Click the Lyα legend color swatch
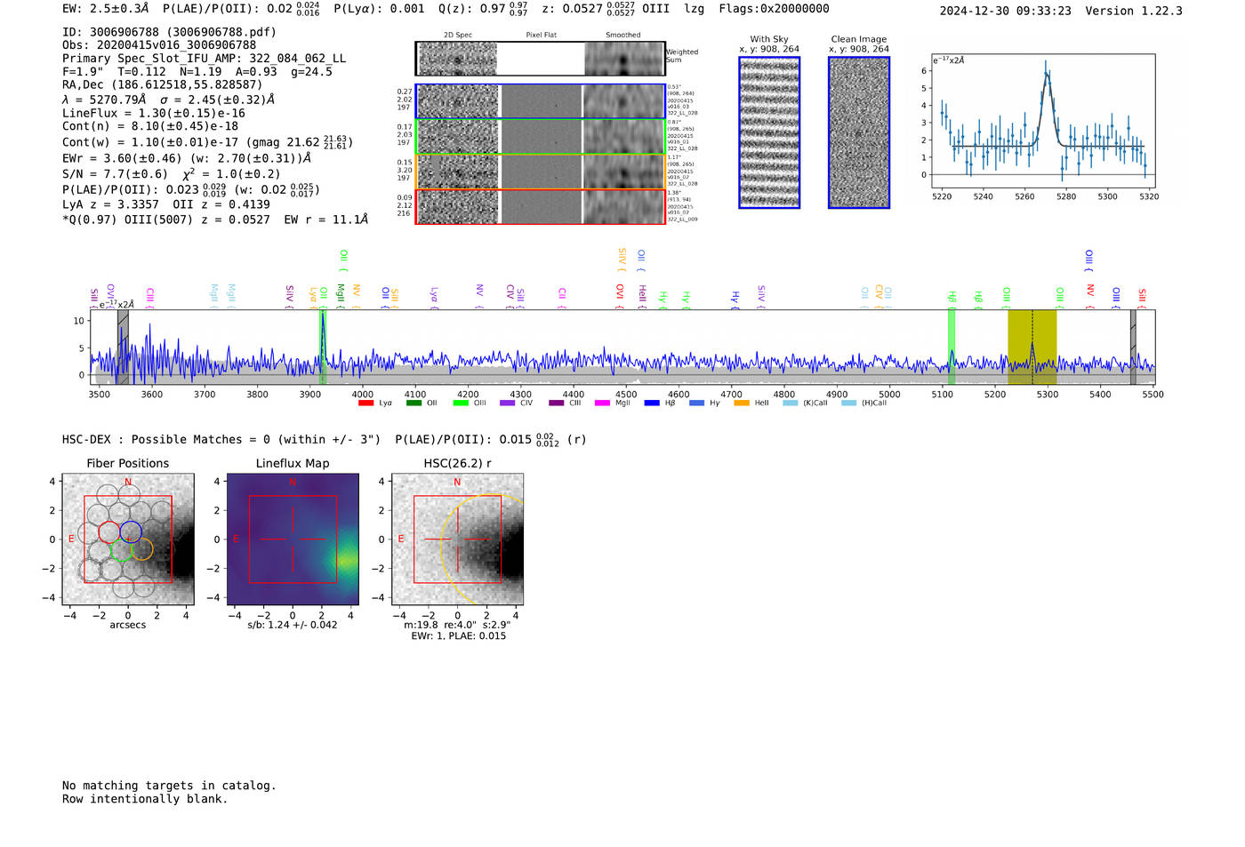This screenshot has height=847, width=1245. [365, 404]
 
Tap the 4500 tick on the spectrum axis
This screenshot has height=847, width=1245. [626, 394]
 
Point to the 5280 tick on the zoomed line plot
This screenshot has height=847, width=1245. [1066, 196]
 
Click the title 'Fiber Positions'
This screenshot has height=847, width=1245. [128, 463]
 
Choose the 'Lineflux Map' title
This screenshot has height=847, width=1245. [293, 463]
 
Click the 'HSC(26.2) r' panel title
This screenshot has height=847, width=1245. [457, 463]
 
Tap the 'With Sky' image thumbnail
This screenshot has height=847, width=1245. [769, 132]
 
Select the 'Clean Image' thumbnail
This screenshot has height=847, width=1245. [859, 132]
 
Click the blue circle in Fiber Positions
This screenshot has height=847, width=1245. [131, 531]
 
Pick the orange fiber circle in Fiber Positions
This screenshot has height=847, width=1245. [141, 549]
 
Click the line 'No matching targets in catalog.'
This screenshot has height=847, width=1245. [169, 786]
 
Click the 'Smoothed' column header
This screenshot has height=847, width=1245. [622, 36]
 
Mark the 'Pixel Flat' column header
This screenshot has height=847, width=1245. [541, 36]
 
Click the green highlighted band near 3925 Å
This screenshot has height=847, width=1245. [323, 347]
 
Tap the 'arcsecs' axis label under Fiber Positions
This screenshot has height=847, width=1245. [128, 625]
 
